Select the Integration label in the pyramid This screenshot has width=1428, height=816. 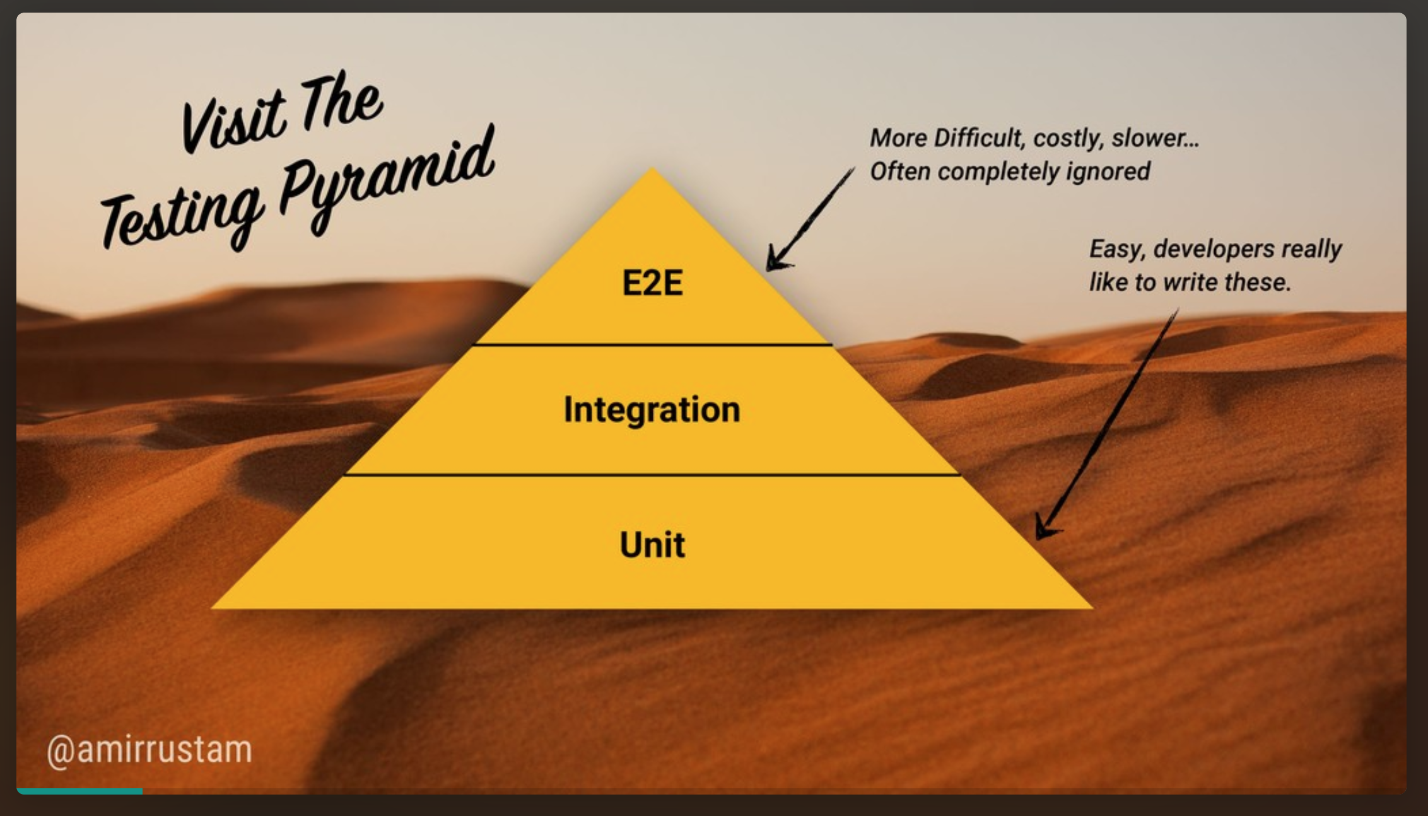(x=652, y=410)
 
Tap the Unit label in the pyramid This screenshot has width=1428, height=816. (x=652, y=545)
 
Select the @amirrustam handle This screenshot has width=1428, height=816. (x=149, y=750)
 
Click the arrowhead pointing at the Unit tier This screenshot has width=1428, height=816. (x=1044, y=530)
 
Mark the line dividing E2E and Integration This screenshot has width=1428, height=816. (x=652, y=344)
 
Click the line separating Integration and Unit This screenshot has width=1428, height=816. (x=652, y=475)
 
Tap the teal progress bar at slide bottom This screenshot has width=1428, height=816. (x=80, y=791)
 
